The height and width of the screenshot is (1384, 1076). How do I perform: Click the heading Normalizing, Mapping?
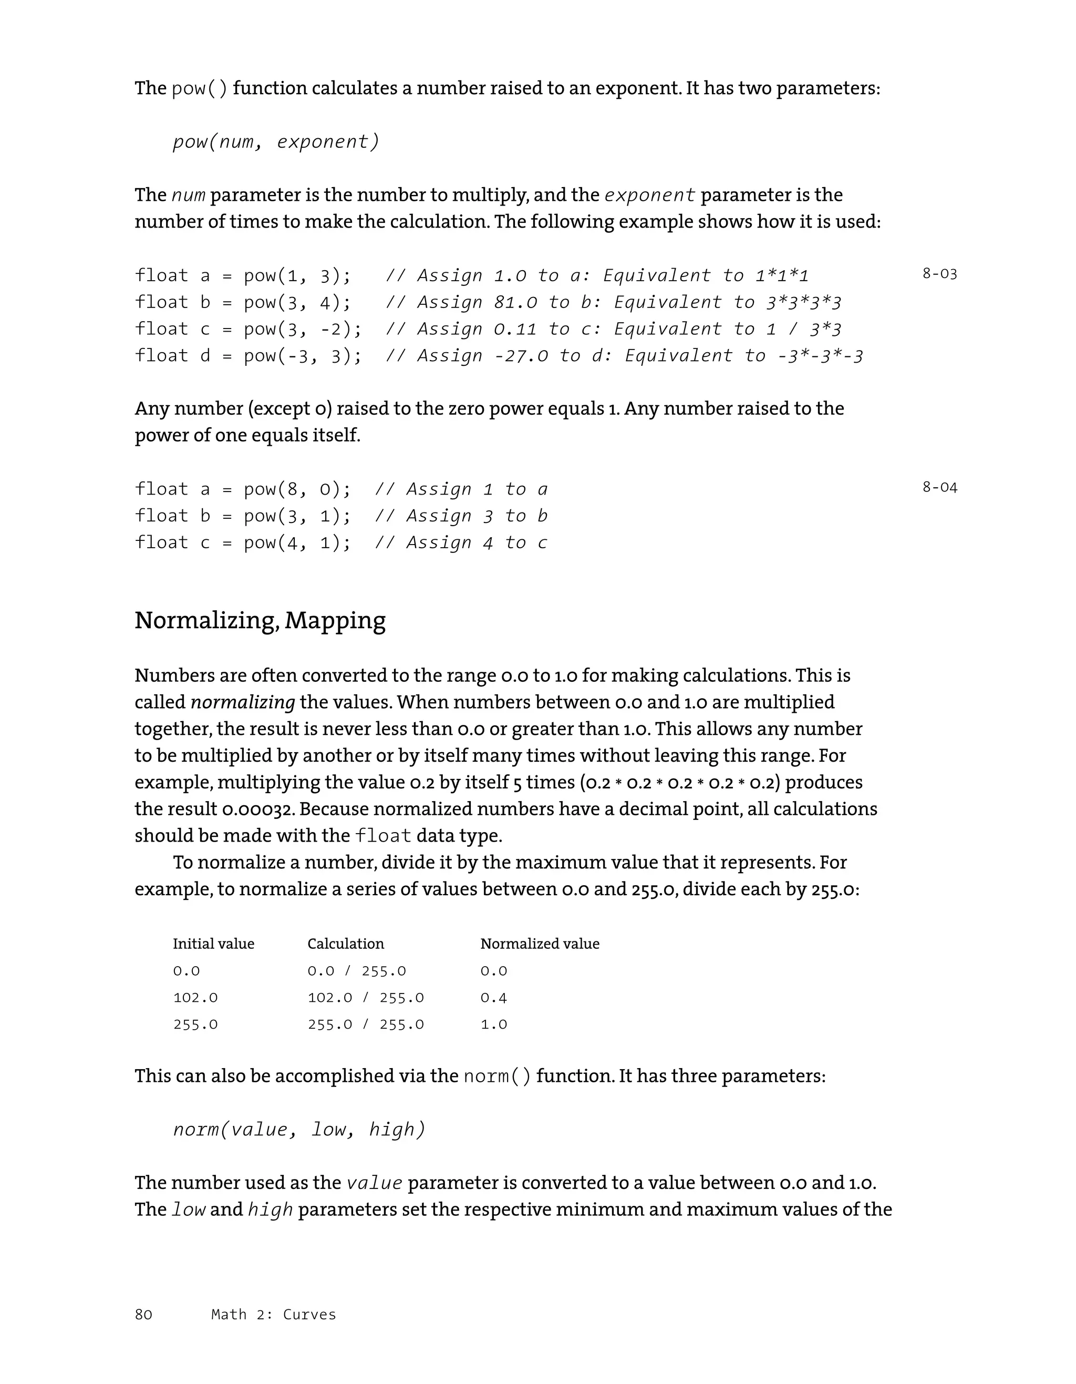pos(260,620)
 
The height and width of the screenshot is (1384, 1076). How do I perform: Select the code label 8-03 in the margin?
pos(939,274)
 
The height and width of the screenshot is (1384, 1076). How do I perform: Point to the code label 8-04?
pos(939,487)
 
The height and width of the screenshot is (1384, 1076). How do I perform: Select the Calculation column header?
pos(345,944)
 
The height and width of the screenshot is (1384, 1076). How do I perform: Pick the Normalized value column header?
pos(539,944)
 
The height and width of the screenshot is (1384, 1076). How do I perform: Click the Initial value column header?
pos(213,944)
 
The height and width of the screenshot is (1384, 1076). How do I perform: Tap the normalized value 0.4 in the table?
pos(493,998)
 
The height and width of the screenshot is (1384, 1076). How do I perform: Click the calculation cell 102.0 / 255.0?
pos(366,998)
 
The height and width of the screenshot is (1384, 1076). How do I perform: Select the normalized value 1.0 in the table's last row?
pos(493,1024)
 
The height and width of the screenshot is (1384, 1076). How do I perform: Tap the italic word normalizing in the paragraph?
pos(243,702)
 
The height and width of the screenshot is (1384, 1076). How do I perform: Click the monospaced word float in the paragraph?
pos(383,836)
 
